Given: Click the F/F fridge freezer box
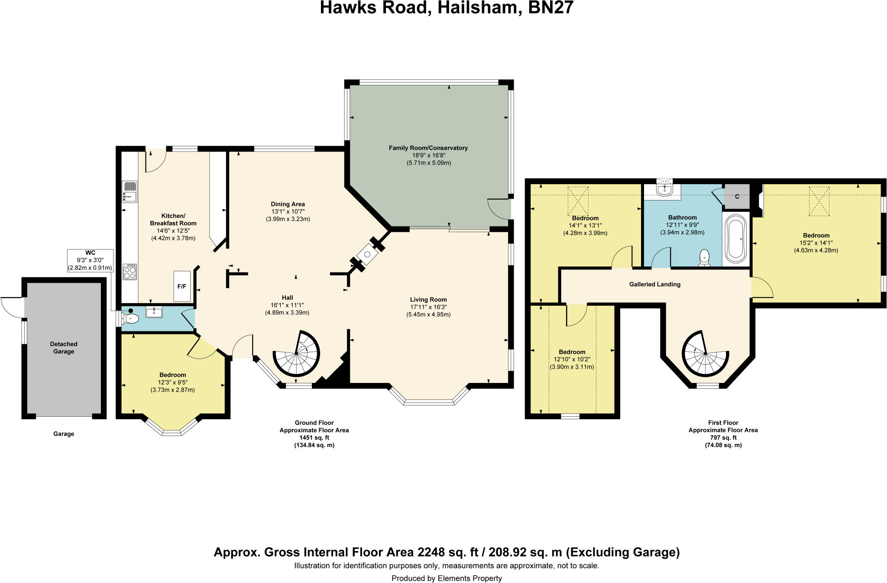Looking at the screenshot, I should [182, 286].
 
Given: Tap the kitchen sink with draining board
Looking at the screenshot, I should [129, 192].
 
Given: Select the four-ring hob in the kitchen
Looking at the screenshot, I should [129, 272].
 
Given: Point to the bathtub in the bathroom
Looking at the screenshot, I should [735, 238].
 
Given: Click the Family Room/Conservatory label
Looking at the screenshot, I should [428, 148].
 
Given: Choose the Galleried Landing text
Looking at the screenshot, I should [654, 285].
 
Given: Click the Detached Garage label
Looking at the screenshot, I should [64, 348].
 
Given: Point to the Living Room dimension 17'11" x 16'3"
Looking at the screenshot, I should [428, 307].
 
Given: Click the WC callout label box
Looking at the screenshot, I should [90, 260].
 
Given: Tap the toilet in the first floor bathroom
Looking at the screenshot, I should [705, 257].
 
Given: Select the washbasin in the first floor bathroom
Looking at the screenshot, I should [664, 189].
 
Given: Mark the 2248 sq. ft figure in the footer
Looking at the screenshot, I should [448, 552].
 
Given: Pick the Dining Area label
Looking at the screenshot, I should [288, 204].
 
